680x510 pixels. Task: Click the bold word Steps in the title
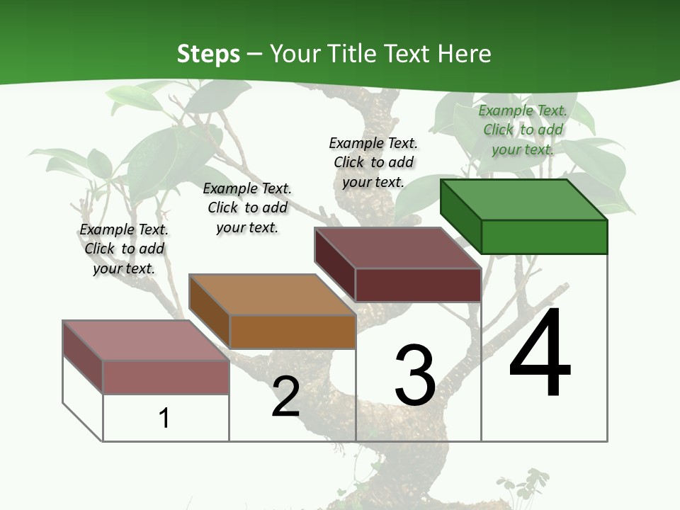point(208,54)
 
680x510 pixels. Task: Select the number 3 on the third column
point(415,375)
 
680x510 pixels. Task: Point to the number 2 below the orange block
point(285,397)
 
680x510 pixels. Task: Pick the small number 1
point(164,418)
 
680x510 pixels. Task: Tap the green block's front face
point(544,237)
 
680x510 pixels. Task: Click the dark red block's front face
point(418,285)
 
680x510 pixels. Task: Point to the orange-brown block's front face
point(292,331)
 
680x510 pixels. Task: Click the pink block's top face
point(146,341)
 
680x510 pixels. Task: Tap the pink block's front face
point(166,377)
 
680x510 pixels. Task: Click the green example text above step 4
point(523,130)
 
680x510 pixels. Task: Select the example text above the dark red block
point(373,162)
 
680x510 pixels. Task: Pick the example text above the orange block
point(247,208)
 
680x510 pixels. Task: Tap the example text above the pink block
point(124,249)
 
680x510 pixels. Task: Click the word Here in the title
point(465,54)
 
